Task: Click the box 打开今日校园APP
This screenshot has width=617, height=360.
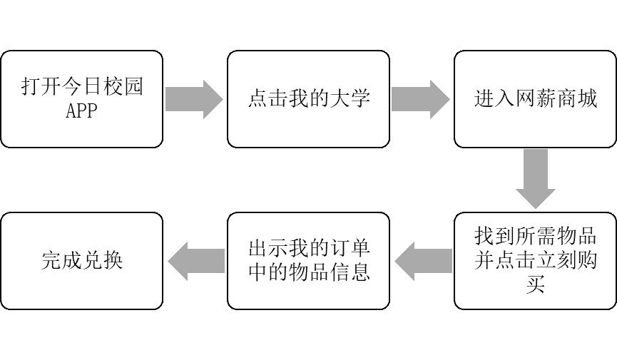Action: [81, 99]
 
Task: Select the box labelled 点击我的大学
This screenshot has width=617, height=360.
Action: [308, 99]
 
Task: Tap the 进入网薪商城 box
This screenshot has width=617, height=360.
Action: [536, 99]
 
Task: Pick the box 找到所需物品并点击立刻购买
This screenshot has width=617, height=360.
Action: [536, 261]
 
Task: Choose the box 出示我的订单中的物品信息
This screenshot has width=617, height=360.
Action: [308, 261]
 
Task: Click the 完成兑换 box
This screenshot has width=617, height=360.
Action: [81, 261]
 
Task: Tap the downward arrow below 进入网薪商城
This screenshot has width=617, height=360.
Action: [536, 179]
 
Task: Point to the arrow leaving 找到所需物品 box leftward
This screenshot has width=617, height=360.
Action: [422, 261]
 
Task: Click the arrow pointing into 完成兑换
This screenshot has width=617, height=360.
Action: [195, 261]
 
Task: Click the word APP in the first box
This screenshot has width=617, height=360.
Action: [81, 111]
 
